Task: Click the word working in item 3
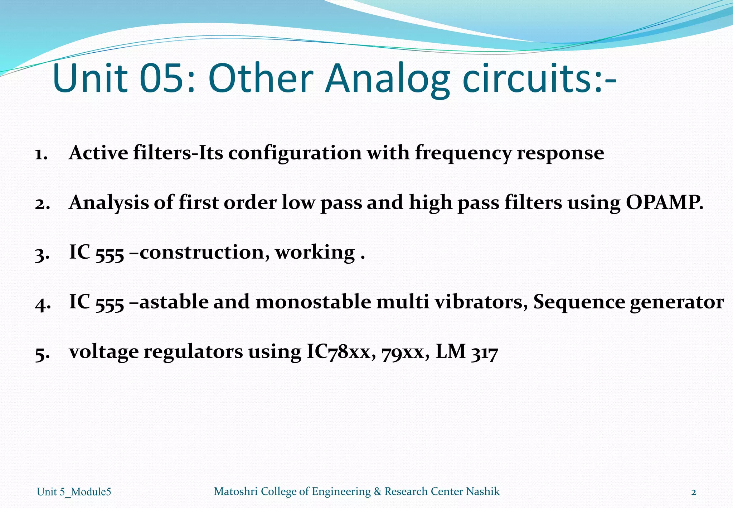tap(315, 253)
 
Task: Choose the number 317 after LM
tap(484, 353)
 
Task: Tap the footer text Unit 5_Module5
tap(74, 492)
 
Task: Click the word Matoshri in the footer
tap(236, 491)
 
